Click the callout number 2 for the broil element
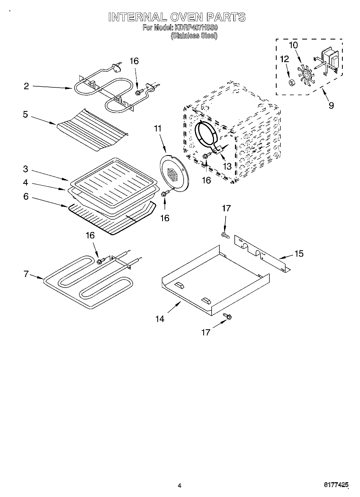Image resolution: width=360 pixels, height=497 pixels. (26, 86)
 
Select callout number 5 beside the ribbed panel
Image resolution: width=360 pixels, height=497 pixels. (25, 115)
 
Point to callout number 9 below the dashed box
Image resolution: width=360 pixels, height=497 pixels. (331, 105)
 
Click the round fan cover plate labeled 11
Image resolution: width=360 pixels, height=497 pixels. (173, 173)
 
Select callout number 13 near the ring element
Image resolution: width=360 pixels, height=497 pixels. (227, 166)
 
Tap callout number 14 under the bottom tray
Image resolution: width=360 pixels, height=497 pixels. (160, 319)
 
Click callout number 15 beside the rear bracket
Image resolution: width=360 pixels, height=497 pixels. (299, 253)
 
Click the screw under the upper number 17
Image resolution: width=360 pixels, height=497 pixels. (225, 235)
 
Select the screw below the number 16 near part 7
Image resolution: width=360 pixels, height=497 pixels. (101, 260)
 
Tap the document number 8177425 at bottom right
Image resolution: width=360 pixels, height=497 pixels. (336, 485)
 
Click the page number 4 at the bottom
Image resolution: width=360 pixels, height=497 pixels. (180, 485)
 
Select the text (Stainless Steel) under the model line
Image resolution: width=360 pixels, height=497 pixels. (194, 36)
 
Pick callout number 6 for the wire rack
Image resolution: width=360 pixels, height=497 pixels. (26, 196)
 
